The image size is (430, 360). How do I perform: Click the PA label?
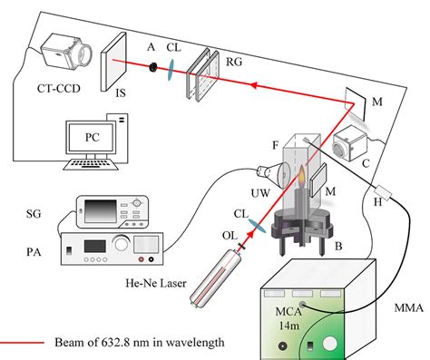pos(26,243)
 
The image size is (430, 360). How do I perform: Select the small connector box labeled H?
pos(391,193)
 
